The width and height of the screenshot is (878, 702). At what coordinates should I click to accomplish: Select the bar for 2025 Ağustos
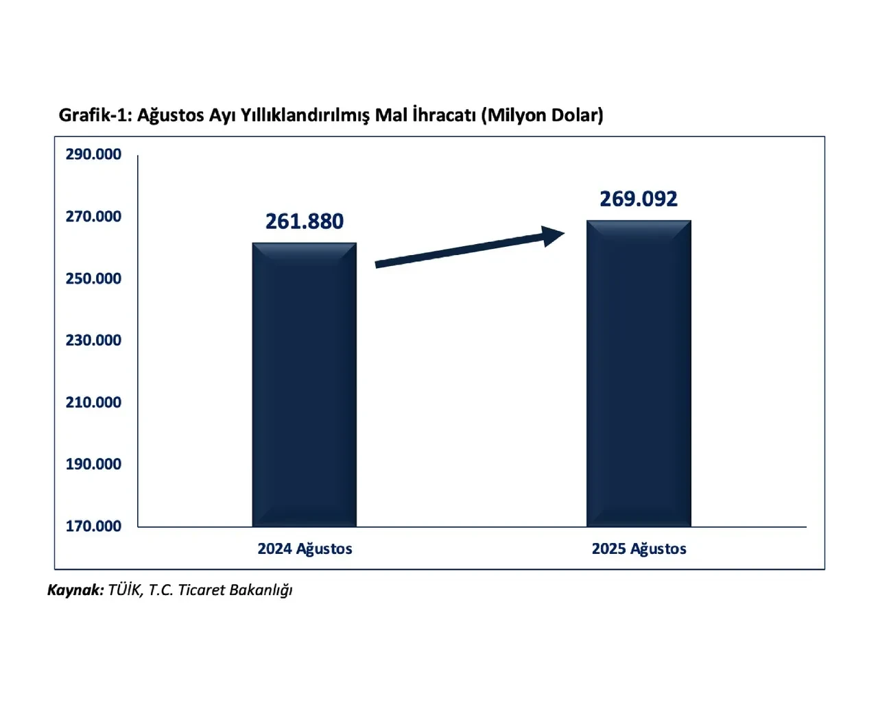click(638, 374)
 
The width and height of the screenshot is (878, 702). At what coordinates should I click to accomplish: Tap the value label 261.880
click(304, 221)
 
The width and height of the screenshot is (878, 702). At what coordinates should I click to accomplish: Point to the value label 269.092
click(638, 199)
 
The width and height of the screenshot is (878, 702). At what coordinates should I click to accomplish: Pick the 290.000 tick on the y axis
click(93, 154)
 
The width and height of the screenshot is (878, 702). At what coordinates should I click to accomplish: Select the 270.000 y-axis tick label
click(93, 217)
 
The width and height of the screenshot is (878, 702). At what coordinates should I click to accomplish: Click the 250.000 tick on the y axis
click(93, 278)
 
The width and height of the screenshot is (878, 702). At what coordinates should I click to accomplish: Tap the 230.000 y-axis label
click(93, 340)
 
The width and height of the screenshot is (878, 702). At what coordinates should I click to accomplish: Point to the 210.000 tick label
click(93, 402)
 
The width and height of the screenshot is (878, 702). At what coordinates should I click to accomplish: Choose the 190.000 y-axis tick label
click(93, 464)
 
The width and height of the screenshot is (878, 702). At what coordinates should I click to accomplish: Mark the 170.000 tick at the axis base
click(93, 526)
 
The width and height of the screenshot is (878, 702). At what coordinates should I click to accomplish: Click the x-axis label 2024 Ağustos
click(305, 549)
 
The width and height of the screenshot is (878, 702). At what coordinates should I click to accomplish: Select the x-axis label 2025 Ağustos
click(639, 549)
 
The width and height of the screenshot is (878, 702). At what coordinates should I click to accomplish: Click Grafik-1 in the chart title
click(95, 114)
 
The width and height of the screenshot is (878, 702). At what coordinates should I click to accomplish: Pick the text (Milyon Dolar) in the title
click(543, 114)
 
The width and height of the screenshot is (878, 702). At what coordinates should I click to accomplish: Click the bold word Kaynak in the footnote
click(75, 590)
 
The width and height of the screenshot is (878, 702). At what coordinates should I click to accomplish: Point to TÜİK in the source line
click(125, 590)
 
